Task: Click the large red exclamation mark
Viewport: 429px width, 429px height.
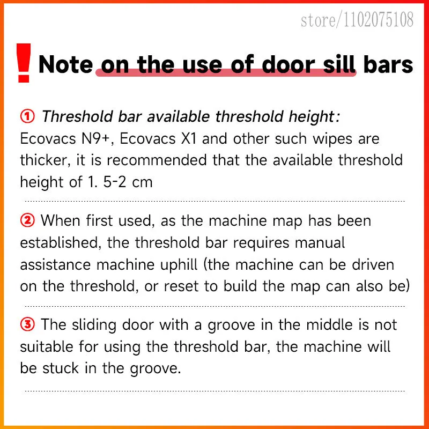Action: tap(24, 63)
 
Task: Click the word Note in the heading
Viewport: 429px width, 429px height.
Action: tap(65, 64)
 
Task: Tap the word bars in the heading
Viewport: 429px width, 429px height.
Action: tap(388, 64)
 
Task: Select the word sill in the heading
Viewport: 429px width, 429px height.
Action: tap(339, 64)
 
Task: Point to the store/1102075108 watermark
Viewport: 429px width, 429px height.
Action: tap(357, 19)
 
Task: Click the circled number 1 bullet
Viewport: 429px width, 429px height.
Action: tap(27, 116)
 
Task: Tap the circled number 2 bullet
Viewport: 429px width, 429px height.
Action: tap(27, 220)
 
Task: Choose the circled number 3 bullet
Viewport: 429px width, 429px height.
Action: tap(27, 324)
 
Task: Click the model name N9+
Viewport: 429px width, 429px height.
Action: tap(98, 138)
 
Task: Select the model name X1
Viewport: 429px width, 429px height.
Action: tap(189, 138)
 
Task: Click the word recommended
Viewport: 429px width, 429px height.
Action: tap(157, 160)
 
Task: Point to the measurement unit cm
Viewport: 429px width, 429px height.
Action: tap(142, 182)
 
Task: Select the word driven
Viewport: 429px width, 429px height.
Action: tap(373, 264)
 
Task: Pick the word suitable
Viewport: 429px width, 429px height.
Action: tap(47, 346)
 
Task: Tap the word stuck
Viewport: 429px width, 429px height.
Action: tap(61, 368)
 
